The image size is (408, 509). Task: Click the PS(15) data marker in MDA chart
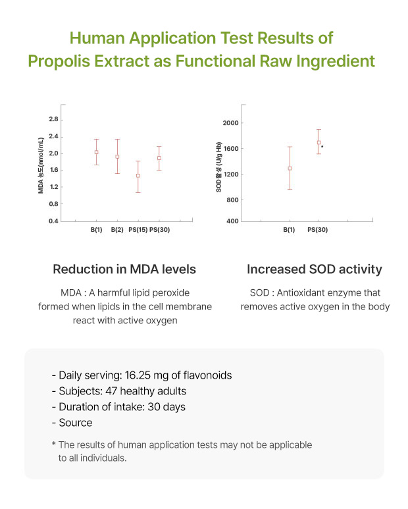point(138,176)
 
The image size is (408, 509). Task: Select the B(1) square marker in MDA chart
point(96,152)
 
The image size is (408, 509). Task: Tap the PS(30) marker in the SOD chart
point(319,142)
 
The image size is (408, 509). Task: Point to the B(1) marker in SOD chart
point(290,169)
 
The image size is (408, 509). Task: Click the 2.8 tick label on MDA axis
point(53,119)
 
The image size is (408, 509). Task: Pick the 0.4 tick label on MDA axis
point(53,221)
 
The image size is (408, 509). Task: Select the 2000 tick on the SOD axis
point(230,123)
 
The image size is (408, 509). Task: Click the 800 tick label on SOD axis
point(232,200)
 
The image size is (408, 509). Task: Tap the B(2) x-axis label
point(117,230)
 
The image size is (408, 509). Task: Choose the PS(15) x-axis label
point(138,230)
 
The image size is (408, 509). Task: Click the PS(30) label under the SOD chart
point(317,230)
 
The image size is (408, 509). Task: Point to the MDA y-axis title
point(41,165)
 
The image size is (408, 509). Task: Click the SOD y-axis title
point(218,167)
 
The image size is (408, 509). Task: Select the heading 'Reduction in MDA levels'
point(124,269)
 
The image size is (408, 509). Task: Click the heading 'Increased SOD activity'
point(315,269)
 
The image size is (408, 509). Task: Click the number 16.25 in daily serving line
point(138,375)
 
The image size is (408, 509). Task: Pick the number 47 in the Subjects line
point(111,391)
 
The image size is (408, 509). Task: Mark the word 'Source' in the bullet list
point(76,423)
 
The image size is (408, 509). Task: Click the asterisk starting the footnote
point(54,443)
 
